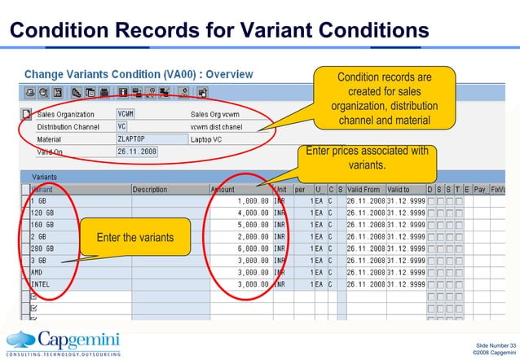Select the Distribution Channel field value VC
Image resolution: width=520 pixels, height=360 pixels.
click(122, 127)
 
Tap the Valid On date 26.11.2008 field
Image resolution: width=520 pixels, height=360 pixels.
click(136, 151)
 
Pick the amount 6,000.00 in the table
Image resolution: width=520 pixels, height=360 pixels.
click(252, 249)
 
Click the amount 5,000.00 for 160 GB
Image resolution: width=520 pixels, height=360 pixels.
click(252, 225)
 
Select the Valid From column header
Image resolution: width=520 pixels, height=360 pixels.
click(364, 190)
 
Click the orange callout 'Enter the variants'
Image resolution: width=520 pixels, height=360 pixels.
click(134, 238)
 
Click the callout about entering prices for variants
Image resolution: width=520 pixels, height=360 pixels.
click(367, 158)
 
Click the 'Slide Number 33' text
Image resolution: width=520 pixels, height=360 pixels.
click(495, 346)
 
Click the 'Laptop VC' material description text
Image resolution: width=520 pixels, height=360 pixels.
click(207, 139)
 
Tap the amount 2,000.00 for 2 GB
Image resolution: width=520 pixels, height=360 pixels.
click(252, 237)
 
